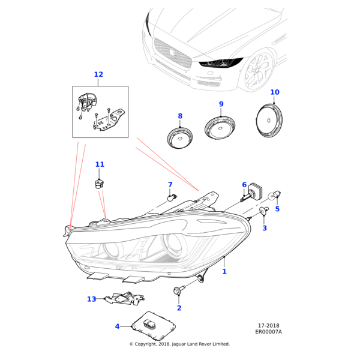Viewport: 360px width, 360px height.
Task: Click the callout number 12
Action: pyautogui.click(x=98, y=74)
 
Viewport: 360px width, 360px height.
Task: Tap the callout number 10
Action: pyautogui.click(x=275, y=92)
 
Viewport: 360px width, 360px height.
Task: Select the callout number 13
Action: pyautogui.click(x=91, y=299)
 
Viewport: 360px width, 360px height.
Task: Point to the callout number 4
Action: pyautogui.click(x=118, y=326)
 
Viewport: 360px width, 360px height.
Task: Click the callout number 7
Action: pyautogui.click(x=170, y=185)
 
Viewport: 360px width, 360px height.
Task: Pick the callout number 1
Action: pyautogui.click(x=224, y=271)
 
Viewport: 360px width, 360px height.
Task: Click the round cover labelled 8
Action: pyautogui.click(x=180, y=137)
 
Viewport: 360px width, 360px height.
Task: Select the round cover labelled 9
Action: pyautogui.click(x=220, y=128)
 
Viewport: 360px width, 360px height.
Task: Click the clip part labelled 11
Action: pyautogui.click(x=100, y=183)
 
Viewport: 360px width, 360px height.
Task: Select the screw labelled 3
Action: pyautogui.click(x=263, y=212)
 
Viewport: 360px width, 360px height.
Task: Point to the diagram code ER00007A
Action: pyautogui.click(x=268, y=332)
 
